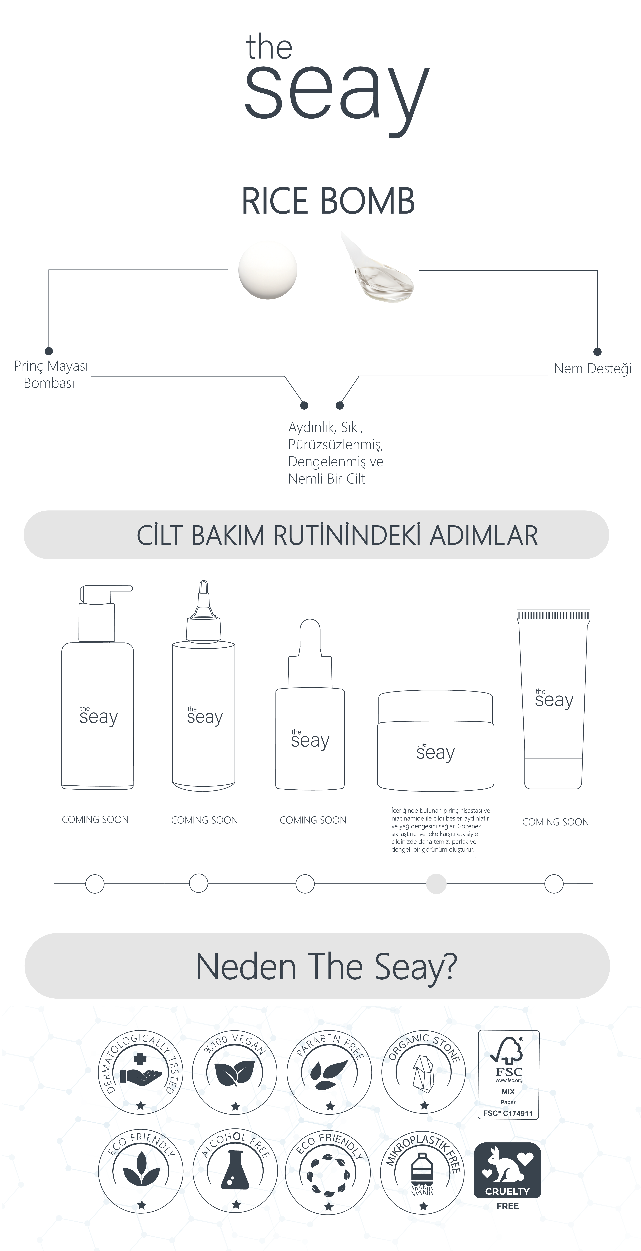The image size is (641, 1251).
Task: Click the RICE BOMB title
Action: [328, 201]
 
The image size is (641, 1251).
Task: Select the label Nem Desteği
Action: [592, 369]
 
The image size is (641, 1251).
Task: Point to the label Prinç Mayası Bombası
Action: [51, 374]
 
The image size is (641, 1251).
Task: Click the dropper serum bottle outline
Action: [310, 704]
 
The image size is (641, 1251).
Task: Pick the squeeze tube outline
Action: [554, 699]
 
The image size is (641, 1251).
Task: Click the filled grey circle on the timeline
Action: [436, 883]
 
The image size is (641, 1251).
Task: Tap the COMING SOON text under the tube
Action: [556, 822]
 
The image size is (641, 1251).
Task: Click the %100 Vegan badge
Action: [235, 1072]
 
